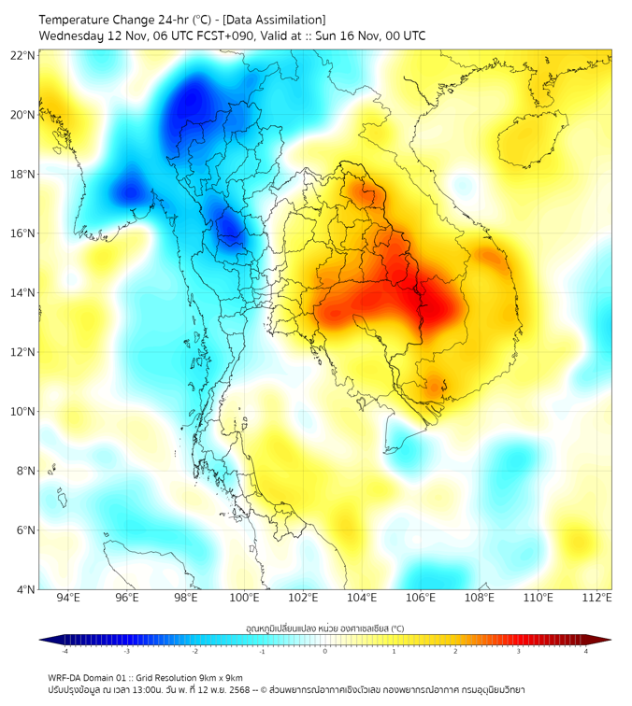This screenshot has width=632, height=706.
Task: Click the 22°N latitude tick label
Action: [x=23, y=55]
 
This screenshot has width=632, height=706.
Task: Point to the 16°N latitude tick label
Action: [x=23, y=233]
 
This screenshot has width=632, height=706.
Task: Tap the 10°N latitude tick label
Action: [x=23, y=412]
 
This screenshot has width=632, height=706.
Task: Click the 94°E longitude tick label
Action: [x=68, y=598]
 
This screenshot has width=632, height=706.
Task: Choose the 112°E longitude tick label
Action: [x=597, y=598]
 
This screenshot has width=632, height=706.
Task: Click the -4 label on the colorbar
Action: [x=65, y=651]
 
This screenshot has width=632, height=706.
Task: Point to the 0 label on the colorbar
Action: [x=325, y=651]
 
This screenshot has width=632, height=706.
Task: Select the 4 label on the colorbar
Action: [x=585, y=651]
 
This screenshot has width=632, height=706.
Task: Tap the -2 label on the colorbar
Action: [x=194, y=651]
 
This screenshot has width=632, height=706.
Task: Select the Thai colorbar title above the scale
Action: [x=324, y=628]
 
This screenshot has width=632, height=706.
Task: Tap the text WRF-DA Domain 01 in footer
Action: [x=90, y=677]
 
